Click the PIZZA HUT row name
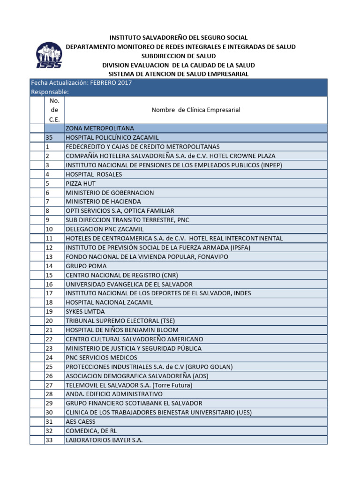(81, 183)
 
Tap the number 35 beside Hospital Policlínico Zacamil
(49, 138)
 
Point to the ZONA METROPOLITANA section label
(100, 128)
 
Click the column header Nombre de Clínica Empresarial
(196, 110)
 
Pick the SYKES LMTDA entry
(85, 312)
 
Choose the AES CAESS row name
(81, 422)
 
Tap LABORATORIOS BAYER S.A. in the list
(104, 440)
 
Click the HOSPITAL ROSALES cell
(94, 174)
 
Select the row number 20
(49, 321)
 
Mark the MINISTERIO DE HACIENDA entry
(103, 202)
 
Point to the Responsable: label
(50, 92)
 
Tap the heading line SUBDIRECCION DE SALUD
(180, 56)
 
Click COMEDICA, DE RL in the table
(88, 431)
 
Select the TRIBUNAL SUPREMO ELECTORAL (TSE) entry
(120, 321)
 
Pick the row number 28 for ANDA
(49, 394)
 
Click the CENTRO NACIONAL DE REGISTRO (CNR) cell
(122, 275)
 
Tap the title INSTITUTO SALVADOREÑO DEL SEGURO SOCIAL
(179, 37)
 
